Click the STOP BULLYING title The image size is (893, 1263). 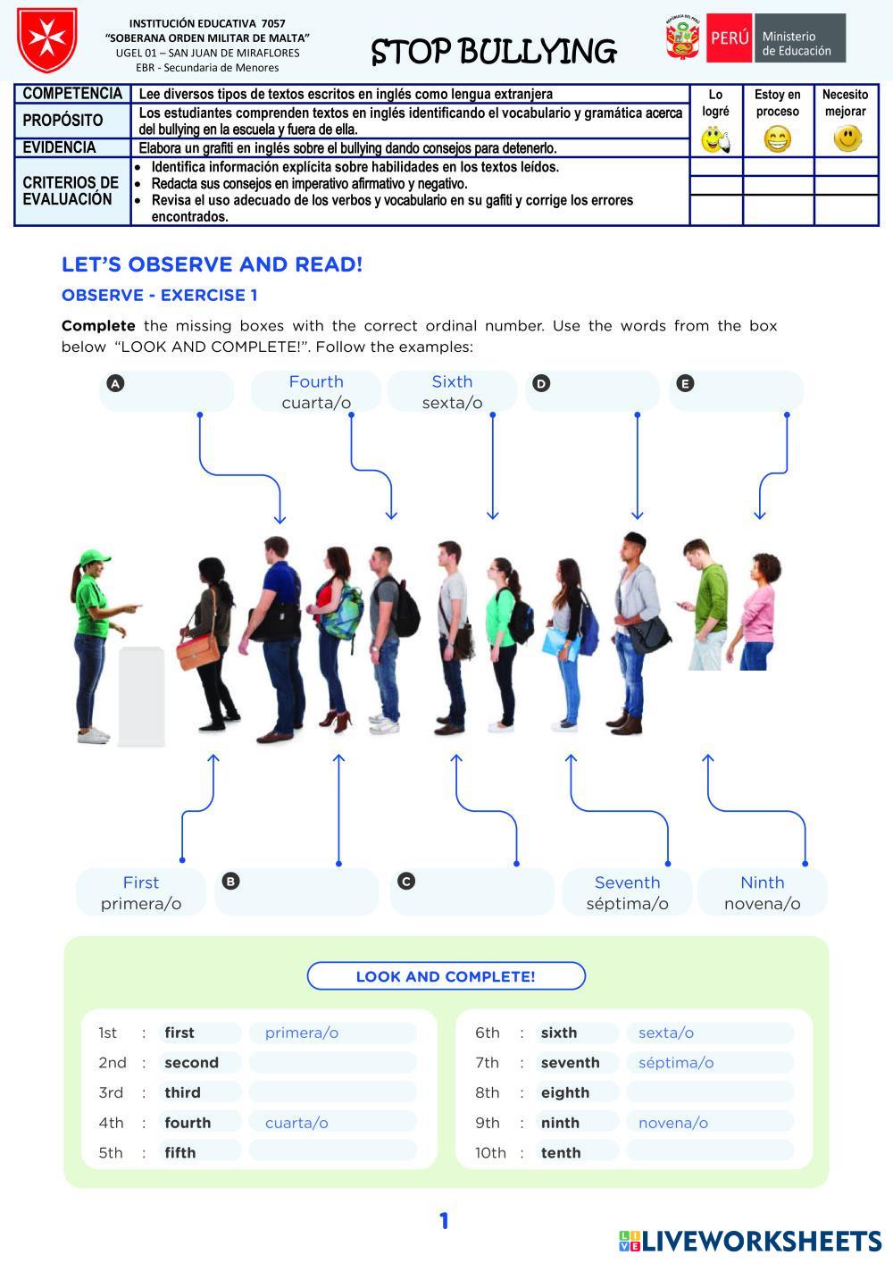[x=493, y=52]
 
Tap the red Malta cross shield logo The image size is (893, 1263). [x=46, y=40]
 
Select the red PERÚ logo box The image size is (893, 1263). [x=730, y=38]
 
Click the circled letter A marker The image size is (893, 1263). [x=115, y=384]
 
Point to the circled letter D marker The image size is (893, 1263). [x=541, y=384]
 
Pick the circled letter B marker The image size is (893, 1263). [x=230, y=882]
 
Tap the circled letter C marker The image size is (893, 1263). [x=406, y=882]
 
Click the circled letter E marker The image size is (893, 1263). [x=685, y=384]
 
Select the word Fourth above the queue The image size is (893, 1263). [x=316, y=382]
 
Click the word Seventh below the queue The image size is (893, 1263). [x=627, y=882]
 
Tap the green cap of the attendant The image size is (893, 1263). [x=93, y=558]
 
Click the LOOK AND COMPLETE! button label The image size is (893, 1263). [x=446, y=976]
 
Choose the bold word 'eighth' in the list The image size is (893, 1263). [x=564, y=1092]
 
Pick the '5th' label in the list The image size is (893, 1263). [x=111, y=1152]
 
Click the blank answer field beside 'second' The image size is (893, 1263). [x=332, y=1063]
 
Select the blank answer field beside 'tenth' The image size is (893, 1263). [x=710, y=1152]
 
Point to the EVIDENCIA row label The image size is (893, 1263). [x=60, y=148]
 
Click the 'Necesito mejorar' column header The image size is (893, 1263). [x=845, y=103]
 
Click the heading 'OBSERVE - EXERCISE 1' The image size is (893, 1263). [x=159, y=296]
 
